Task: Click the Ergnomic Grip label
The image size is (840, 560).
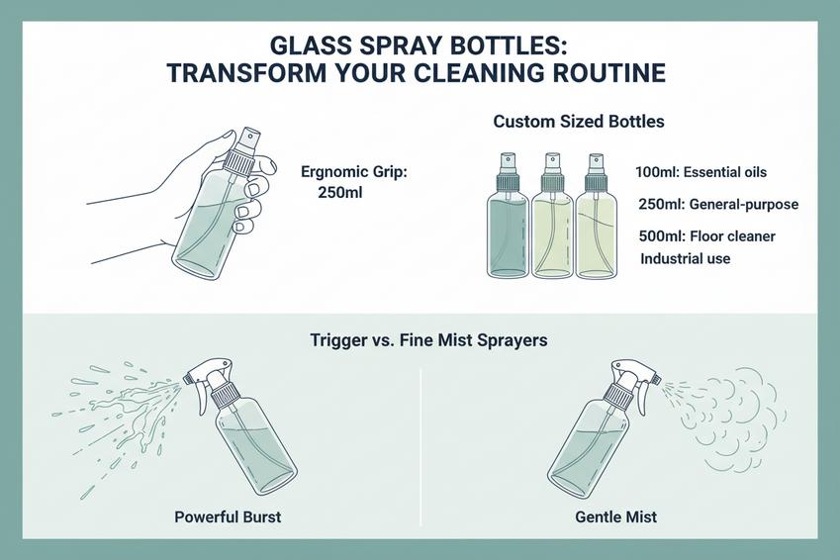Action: (x=353, y=171)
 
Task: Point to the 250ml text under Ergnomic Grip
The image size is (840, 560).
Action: (x=340, y=192)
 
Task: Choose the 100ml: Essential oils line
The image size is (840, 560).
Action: (x=700, y=172)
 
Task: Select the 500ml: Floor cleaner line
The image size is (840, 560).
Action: (x=707, y=236)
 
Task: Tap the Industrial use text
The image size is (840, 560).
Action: (x=685, y=258)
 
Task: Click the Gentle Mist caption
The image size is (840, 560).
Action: (x=615, y=516)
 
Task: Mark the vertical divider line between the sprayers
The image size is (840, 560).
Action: (x=420, y=435)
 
